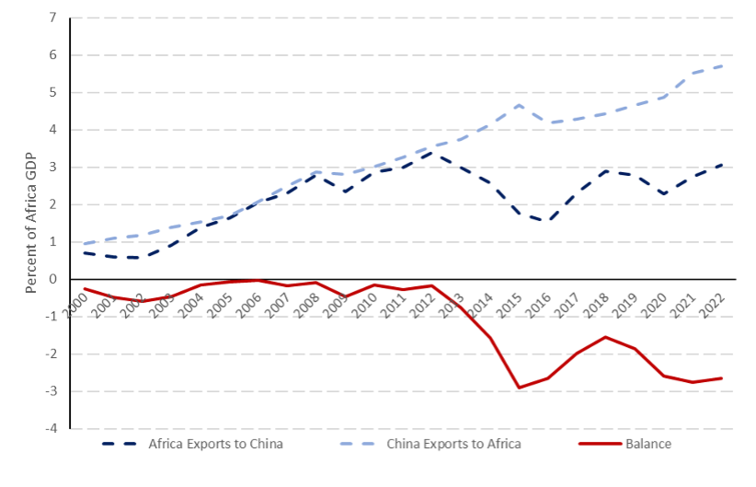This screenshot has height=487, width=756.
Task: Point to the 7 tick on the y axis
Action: [x=52, y=18]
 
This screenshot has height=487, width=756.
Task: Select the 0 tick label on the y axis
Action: [x=52, y=280]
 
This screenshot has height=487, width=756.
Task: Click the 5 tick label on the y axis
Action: [x=52, y=93]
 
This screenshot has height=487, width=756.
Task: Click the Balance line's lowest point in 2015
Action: [x=519, y=388]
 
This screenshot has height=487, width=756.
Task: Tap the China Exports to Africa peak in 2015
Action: [x=519, y=105]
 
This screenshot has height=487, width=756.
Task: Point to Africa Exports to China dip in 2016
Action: [x=548, y=221]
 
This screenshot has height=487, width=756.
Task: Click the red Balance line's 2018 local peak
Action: [x=605, y=337]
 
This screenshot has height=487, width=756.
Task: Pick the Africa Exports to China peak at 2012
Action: [x=432, y=153]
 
